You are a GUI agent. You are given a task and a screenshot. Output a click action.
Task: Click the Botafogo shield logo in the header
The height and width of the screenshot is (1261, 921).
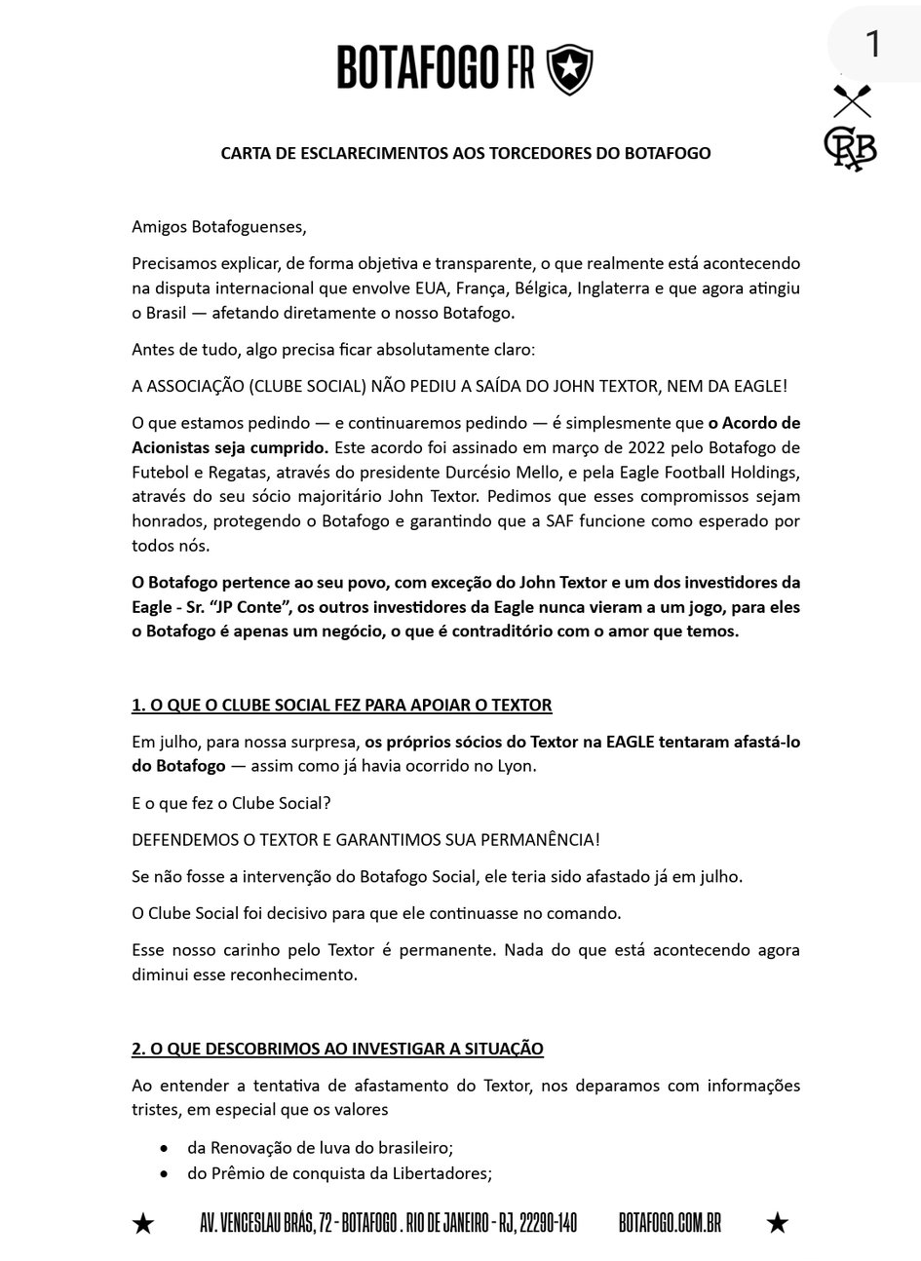(x=569, y=69)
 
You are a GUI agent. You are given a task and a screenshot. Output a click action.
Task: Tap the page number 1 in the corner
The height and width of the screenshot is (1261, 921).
(x=872, y=44)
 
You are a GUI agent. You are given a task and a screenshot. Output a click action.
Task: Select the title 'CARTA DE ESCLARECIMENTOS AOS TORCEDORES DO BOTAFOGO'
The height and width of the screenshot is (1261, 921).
(x=466, y=153)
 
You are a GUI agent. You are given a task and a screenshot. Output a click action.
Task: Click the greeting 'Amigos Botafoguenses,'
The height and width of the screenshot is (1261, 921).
(x=219, y=227)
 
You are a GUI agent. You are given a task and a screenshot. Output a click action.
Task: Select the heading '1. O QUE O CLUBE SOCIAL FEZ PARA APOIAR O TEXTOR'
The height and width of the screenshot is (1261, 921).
(x=342, y=705)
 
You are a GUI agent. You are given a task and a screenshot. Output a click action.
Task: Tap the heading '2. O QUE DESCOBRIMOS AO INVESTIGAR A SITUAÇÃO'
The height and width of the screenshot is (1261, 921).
(x=337, y=1049)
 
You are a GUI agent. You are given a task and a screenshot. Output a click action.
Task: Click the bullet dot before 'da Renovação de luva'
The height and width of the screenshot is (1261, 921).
(x=165, y=1149)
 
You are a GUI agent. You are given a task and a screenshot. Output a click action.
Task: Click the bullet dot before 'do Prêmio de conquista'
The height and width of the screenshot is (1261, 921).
(x=165, y=1174)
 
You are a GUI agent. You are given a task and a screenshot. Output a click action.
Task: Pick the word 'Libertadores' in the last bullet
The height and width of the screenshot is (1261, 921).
(x=443, y=1173)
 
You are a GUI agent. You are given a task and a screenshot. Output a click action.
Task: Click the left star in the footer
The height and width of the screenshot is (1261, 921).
(x=143, y=1224)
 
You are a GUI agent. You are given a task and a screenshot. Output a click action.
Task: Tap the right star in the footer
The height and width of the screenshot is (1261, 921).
(x=777, y=1223)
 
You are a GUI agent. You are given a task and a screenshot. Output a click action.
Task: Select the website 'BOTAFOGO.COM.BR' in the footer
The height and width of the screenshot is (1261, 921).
(x=670, y=1224)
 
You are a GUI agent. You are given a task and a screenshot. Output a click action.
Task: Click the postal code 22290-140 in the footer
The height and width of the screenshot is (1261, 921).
(x=549, y=1224)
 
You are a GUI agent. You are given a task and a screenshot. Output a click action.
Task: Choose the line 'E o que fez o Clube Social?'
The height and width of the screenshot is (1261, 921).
(x=231, y=803)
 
